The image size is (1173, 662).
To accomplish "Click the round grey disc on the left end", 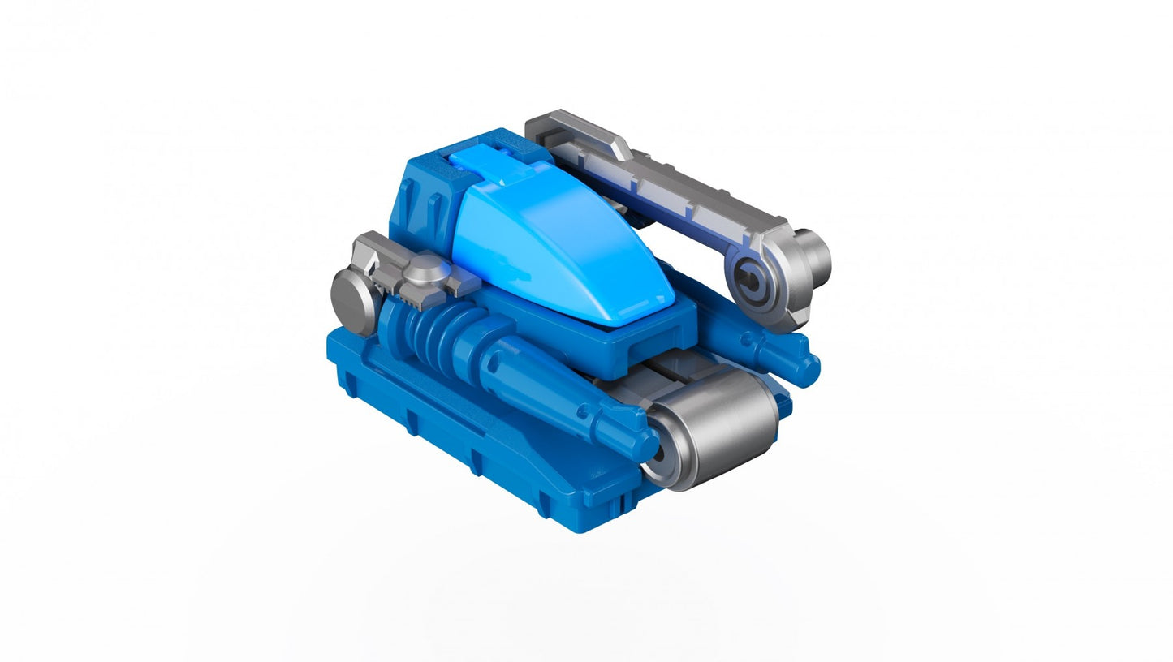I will (351, 299).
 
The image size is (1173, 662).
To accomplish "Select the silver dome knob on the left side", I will (425, 270).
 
